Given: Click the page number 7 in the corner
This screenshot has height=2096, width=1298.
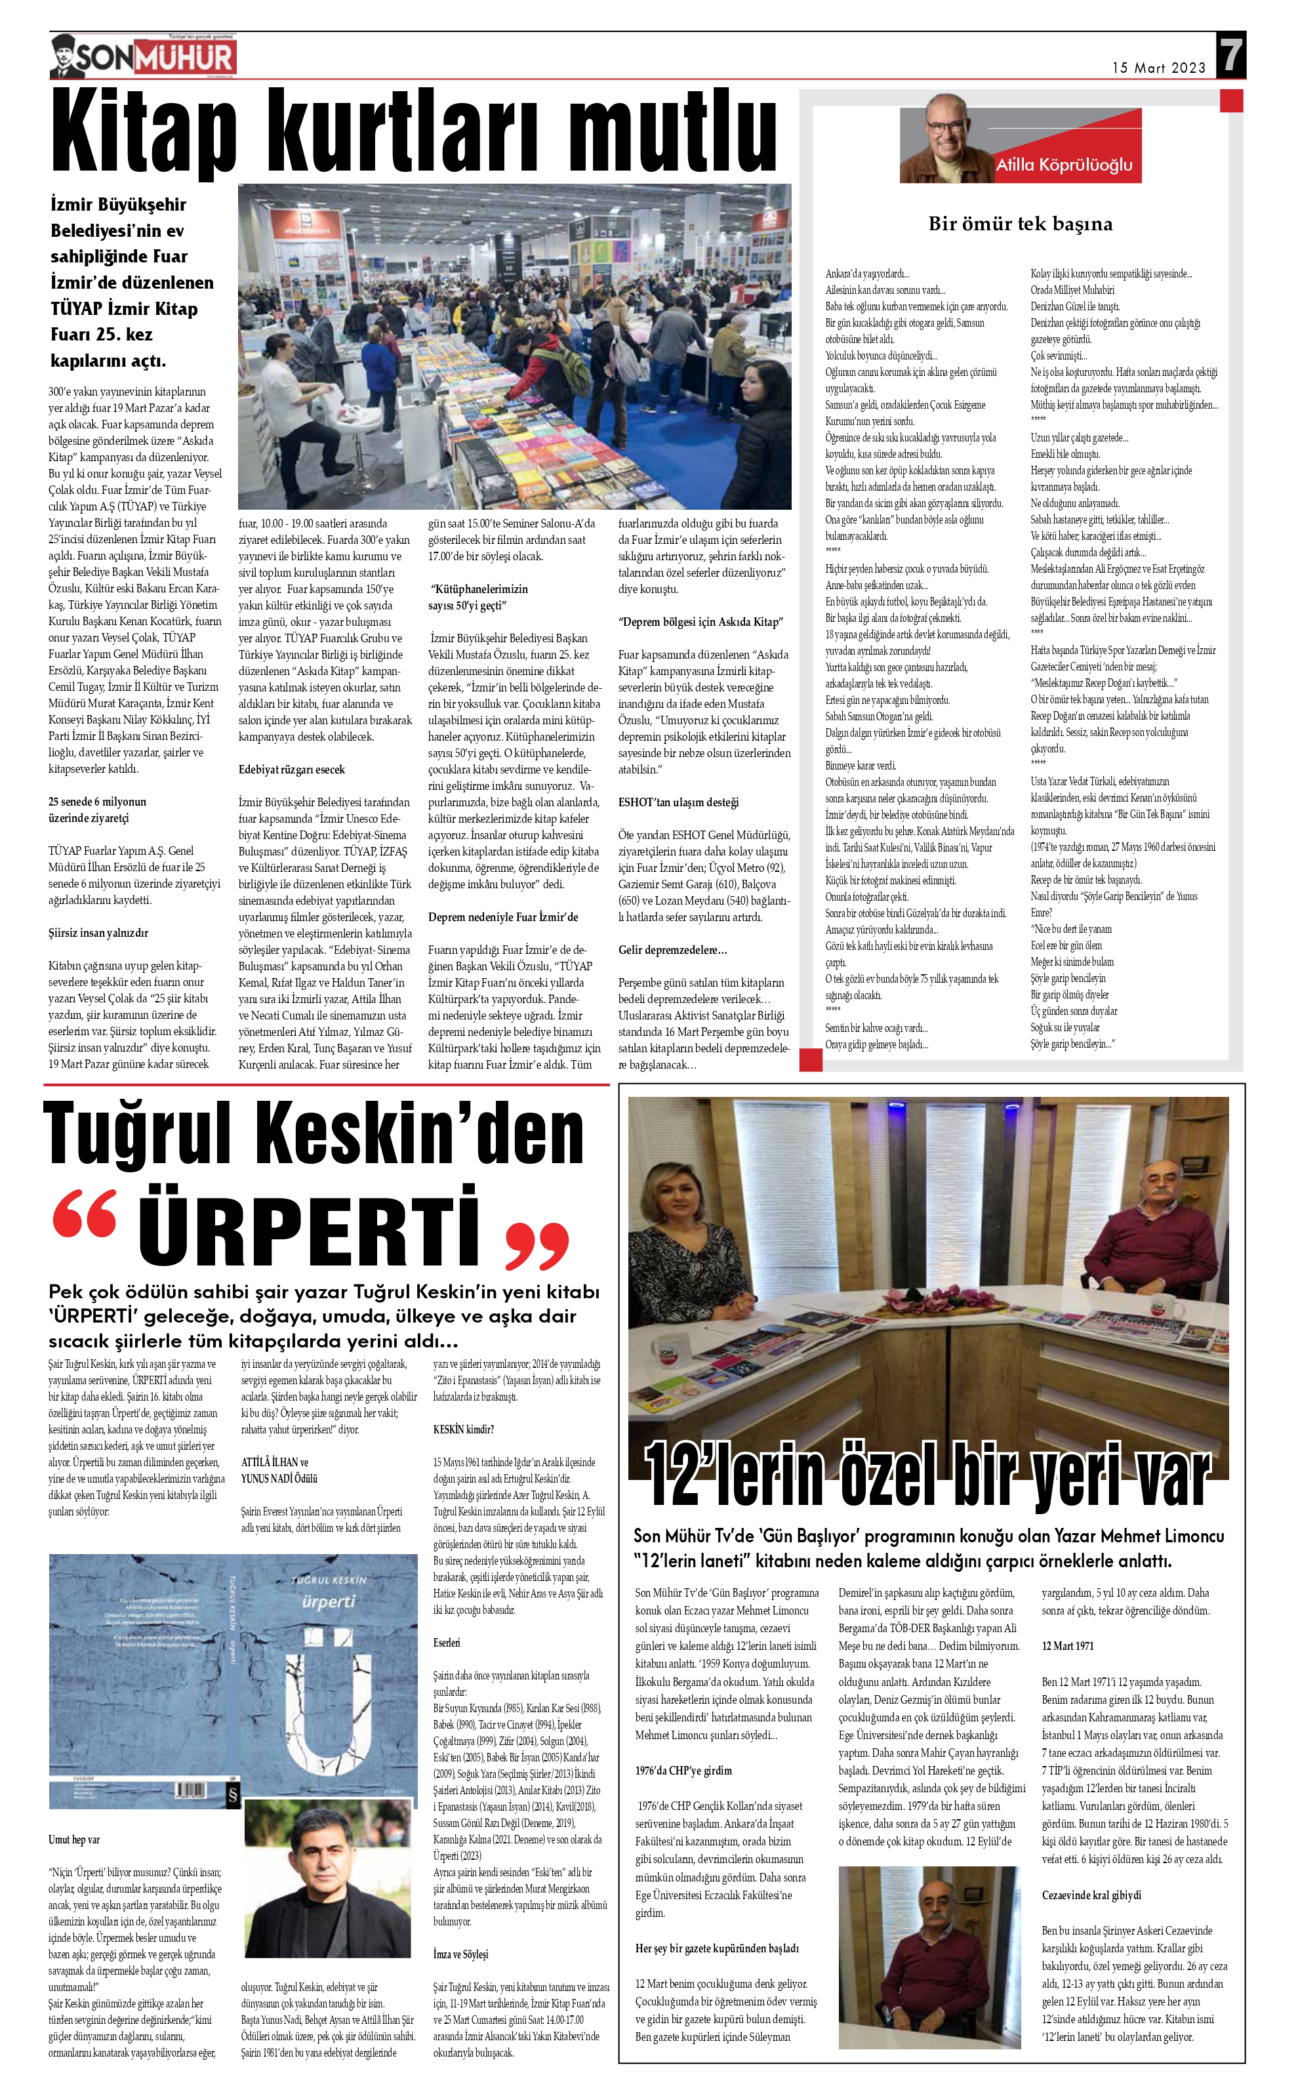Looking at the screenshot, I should coord(1231,56).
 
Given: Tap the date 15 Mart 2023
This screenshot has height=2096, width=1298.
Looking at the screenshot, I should coord(1158,68).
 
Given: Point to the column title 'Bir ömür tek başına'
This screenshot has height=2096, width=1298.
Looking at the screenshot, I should coord(1020,224).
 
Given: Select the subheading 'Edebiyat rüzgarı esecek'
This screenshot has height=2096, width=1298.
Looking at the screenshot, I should coord(292,770).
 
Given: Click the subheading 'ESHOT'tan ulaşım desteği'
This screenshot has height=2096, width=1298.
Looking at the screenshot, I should coord(678,802).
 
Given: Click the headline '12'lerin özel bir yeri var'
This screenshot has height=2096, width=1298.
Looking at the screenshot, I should coord(927,1473).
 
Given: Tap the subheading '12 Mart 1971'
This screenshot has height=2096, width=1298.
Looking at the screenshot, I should coord(1067,1646).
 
